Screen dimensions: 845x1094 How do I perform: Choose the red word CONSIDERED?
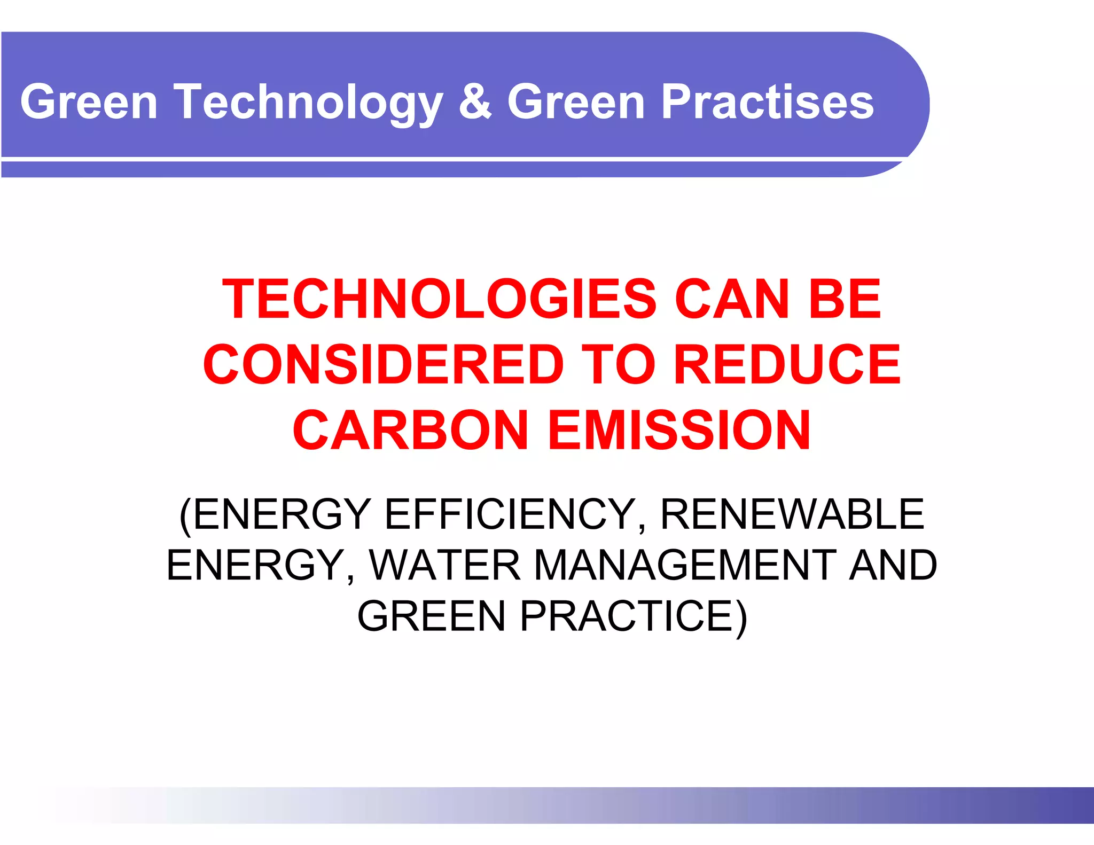coord(384,364)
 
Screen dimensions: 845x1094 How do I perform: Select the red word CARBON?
coord(410,430)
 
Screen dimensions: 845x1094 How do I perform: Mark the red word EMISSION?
coord(679,430)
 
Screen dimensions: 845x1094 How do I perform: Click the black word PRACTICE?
coord(627,616)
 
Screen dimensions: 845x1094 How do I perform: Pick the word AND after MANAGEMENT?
coord(893,565)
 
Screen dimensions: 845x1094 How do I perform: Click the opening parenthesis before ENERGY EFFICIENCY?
coord(185,515)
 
